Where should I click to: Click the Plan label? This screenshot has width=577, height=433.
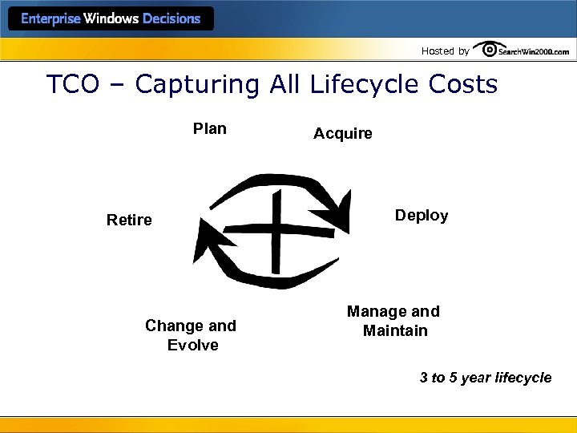(x=210, y=128)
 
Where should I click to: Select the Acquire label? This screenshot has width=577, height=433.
(x=342, y=134)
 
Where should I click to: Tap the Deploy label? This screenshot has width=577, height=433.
(x=422, y=216)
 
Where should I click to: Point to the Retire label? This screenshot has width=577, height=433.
(x=129, y=220)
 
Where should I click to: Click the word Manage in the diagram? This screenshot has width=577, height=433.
(x=371, y=311)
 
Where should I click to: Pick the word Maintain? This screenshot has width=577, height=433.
(x=395, y=330)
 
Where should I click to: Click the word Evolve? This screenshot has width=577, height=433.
(x=192, y=345)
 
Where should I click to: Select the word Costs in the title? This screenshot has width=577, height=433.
(x=463, y=85)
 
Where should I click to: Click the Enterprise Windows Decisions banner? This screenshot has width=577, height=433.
(x=111, y=18)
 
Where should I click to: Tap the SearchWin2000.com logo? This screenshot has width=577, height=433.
(x=522, y=51)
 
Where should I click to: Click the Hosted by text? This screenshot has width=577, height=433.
(x=445, y=51)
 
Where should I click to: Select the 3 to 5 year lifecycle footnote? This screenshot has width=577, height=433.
(x=486, y=378)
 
